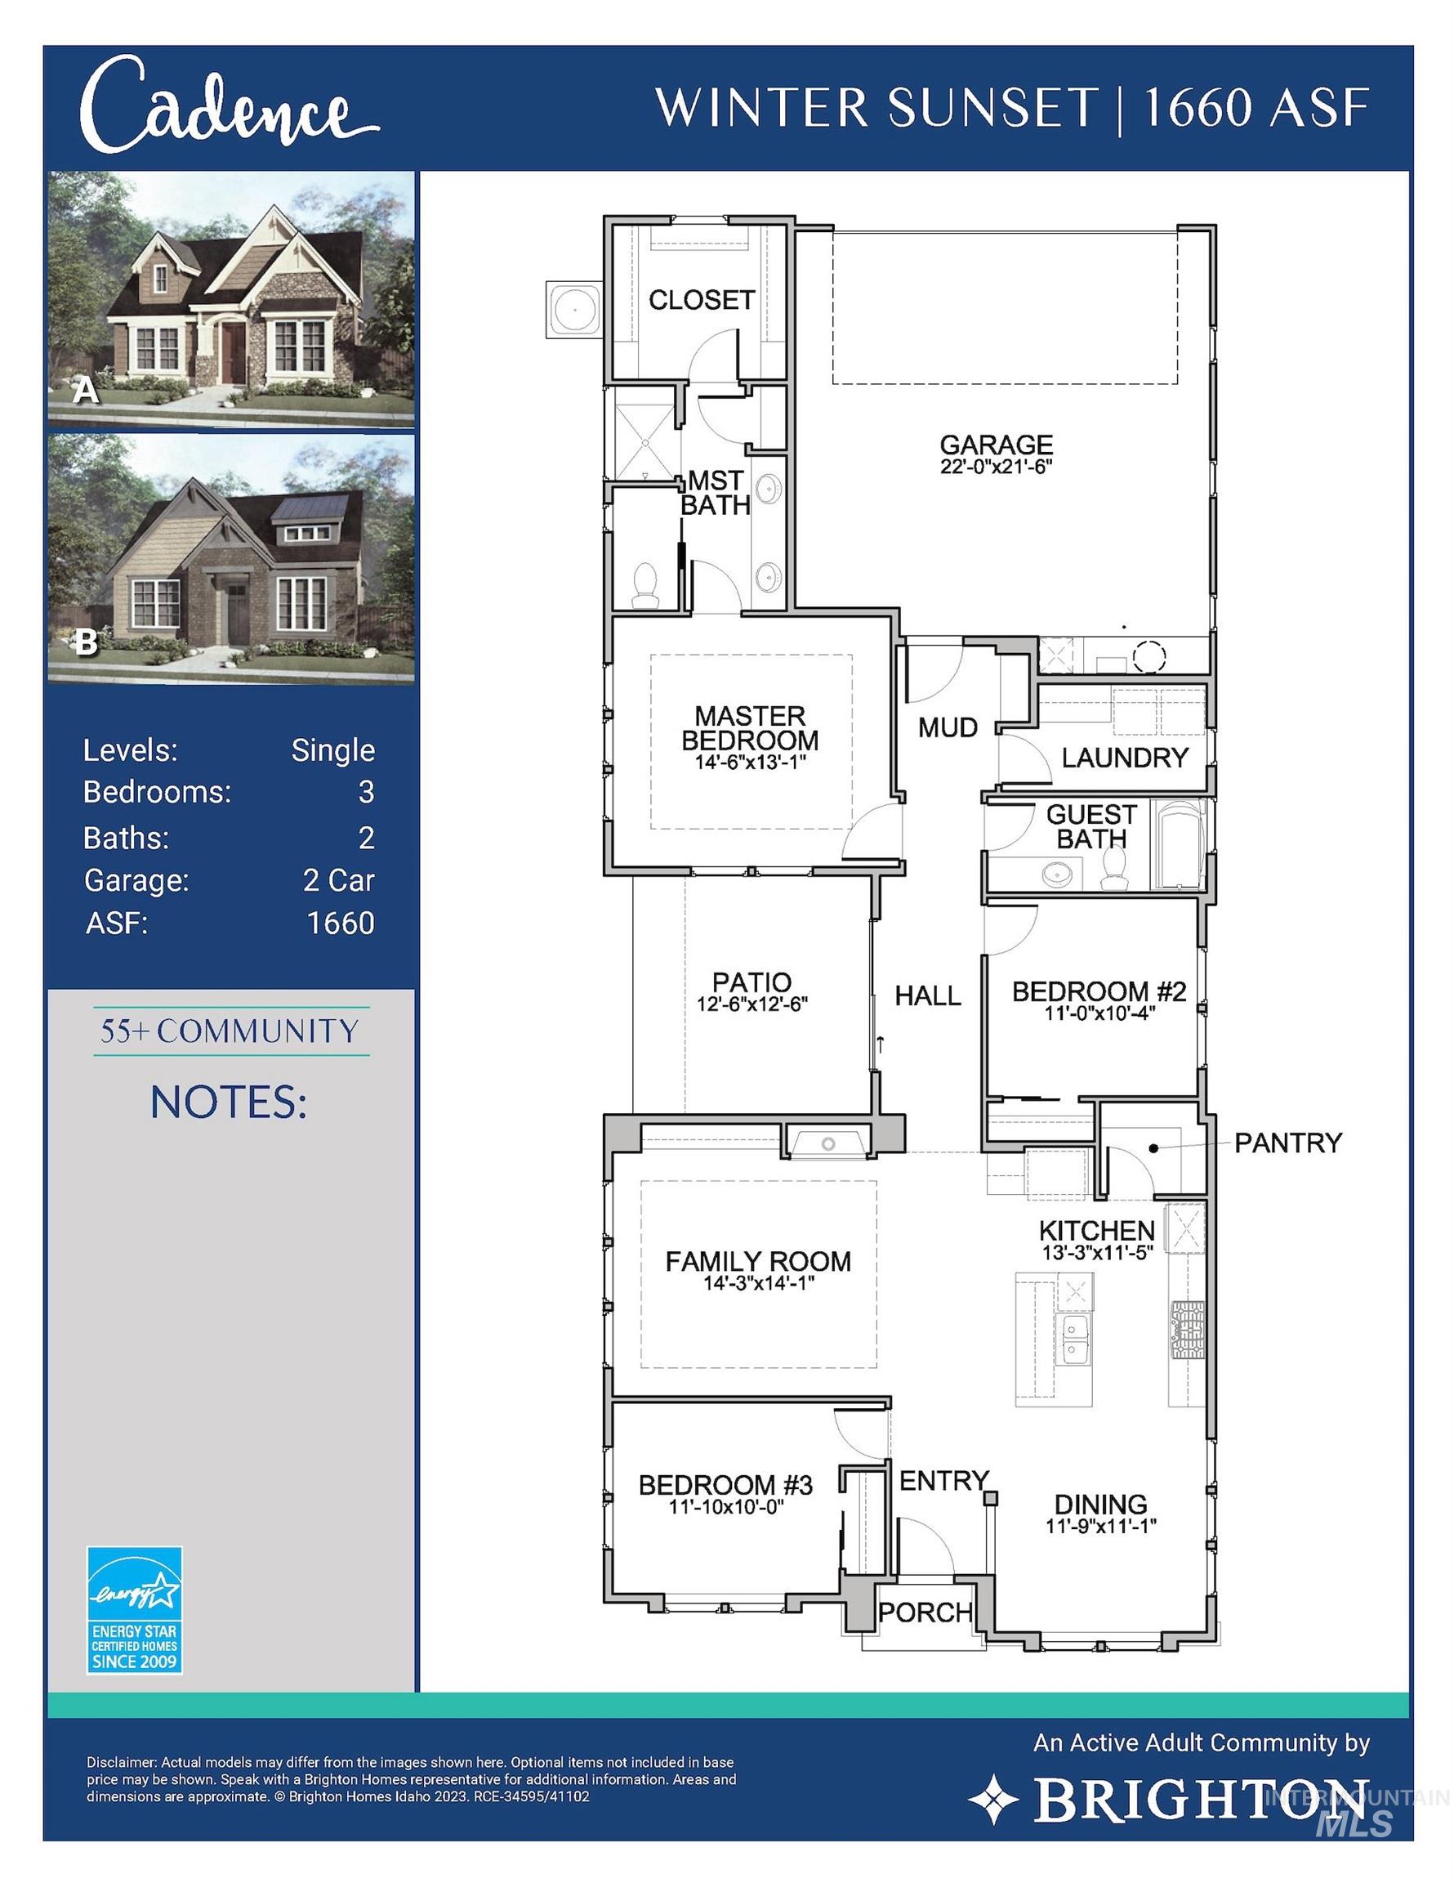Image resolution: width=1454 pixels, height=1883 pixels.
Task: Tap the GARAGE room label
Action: click(997, 445)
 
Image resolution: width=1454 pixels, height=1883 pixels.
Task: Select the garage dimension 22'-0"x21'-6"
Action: click(997, 467)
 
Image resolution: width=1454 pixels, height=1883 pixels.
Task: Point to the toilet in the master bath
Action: click(644, 584)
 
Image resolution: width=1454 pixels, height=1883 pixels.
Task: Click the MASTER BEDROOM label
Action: click(750, 727)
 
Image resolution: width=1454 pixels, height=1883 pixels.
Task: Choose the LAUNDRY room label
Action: click(1125, 758)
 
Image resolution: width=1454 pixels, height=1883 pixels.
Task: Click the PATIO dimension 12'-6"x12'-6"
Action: click(752, 1004)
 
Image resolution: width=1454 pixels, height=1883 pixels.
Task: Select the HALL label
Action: click(927, 995)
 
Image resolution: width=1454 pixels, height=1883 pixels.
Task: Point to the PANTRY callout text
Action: click(1287, 1143)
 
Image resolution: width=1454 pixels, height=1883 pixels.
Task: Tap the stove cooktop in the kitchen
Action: click(1186, 1329)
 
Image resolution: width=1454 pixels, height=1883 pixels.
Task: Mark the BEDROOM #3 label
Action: click(725, 1485)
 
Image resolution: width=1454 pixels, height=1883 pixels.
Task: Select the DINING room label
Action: click(1100, 1505)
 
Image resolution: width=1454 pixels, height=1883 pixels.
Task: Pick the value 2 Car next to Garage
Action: click(339, 880)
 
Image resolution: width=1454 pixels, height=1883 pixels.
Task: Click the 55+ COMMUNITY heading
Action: click(230, 1031)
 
